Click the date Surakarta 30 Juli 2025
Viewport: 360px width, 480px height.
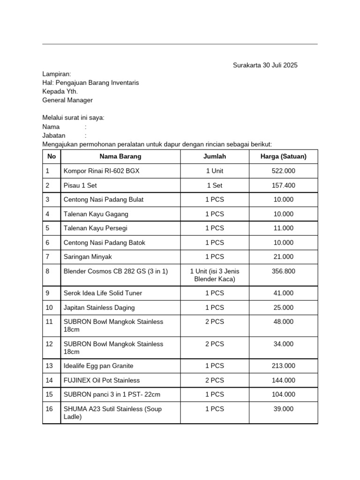click(265, 65)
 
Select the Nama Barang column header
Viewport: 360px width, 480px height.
click(120, 157)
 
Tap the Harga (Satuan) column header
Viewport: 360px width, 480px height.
click(283, 157)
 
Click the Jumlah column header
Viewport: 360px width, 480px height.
click(214, 157)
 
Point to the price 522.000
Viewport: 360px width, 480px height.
click(283, 171)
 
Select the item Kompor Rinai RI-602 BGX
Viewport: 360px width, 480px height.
click(101, 171)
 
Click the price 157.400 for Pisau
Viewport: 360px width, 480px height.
click(283, 186)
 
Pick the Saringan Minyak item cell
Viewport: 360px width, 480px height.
click(88, 257)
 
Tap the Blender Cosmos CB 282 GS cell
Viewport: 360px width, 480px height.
click(115, 271)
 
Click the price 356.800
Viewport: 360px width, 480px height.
click(283, 271)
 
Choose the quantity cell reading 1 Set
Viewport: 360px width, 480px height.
click(214, 186)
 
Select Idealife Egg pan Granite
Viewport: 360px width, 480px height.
click(98, 366)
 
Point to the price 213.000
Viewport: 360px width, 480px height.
click(283, 366)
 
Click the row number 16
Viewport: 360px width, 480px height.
click(50, 409)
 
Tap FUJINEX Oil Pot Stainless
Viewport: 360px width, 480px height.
click(101, 380)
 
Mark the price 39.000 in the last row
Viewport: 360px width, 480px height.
click(283, 409)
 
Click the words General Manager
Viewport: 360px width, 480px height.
click(67, 100)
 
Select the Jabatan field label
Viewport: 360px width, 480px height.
click(54, 135)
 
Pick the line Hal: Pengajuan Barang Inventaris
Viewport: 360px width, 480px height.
click(90, 83)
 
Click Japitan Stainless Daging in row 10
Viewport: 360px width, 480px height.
click(99, 307)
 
